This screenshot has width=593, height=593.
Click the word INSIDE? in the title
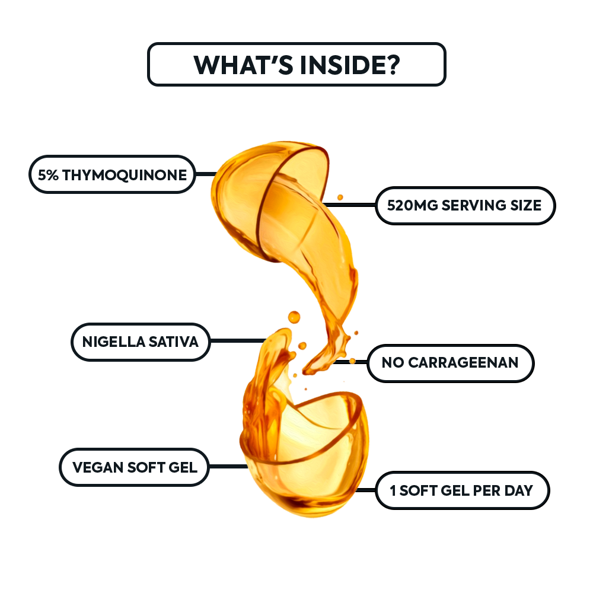[x=350, y=65]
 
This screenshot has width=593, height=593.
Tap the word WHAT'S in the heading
[x=243, y=65]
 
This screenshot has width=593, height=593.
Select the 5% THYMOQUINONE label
[x=112, y=174]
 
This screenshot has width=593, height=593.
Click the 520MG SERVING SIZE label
[x=465, y=205]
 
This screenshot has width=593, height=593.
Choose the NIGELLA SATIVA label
[x=141, y=342]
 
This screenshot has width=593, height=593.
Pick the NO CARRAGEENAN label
[x=451, y=363]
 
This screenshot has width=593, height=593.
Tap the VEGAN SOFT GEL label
[x=134, y=467]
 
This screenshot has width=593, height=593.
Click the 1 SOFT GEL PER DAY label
[x=462, y=490]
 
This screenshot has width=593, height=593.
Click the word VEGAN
[x=98, y=467]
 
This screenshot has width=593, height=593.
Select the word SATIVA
[x=173, y=342]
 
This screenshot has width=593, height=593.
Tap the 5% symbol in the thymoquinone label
[x=48, y=175]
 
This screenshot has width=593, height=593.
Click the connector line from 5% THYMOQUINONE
[x=206, y=174]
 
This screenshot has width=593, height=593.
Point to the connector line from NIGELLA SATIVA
[x=238, y=341]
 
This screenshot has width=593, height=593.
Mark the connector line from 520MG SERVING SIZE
[x=350, y=205]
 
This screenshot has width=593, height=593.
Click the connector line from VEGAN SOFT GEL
[x=228, y=466]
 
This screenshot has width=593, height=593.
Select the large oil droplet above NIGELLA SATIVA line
[x=294, y=317]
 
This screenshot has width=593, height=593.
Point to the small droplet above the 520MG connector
[x=340, y=197]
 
